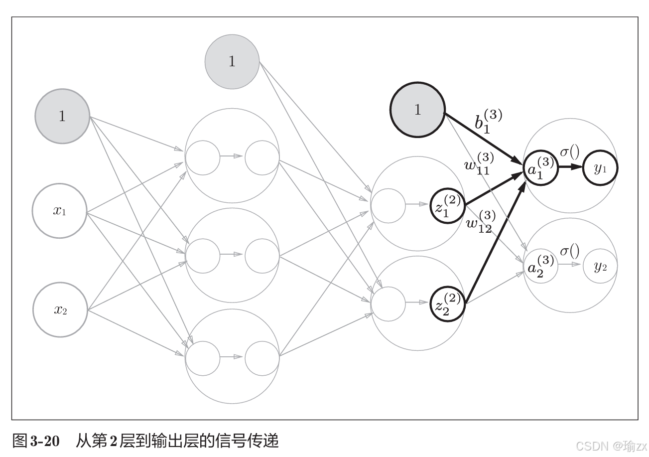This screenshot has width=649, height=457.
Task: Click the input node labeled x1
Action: click(x=60, y=211)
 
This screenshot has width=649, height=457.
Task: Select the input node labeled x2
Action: click(x=60, y=310)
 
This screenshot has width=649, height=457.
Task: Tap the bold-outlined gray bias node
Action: click(x=417, y=110)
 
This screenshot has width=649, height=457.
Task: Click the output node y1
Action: click(x=600, y=168)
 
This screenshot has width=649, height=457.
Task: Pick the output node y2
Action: click(x=600, y=266)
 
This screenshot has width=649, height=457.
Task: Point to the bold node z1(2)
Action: click(x=448, y=206)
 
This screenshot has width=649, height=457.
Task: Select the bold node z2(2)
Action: click(x=448, y=304)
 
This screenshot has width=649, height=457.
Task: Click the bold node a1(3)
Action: click(x=540, y=168)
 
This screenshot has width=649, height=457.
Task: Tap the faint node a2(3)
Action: click(x=540, y=266)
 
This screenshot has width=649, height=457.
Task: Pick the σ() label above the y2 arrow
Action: click(x=570, y=250)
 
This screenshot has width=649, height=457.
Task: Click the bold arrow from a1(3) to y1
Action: click(x=569, y=168)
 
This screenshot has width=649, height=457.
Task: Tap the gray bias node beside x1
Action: click(x=62, y=116)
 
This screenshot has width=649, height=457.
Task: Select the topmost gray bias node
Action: click(x=232, y=61)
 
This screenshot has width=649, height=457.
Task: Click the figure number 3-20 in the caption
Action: click(x=45, y=441)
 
